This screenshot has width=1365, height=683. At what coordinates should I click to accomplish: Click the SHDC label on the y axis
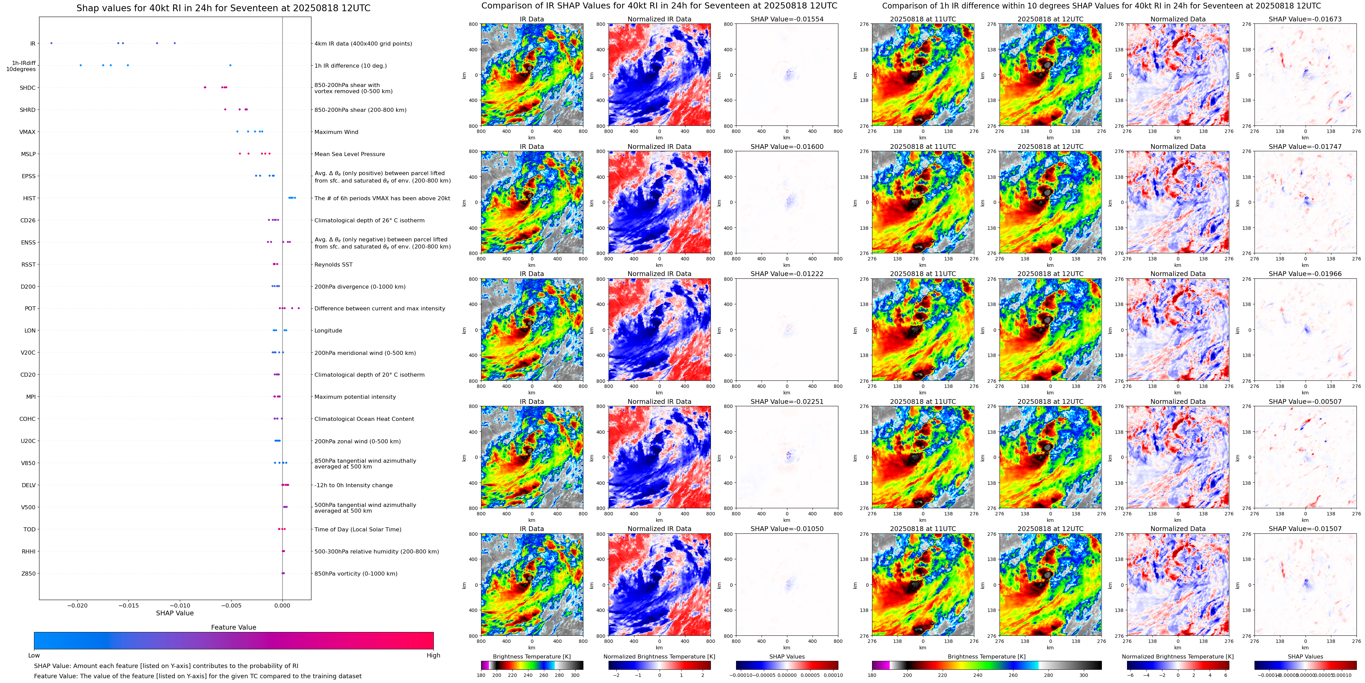[28, 88]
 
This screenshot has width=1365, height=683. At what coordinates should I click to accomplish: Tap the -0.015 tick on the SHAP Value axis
[129, 605]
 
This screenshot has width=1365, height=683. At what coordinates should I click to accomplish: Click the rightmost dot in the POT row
[299, 308]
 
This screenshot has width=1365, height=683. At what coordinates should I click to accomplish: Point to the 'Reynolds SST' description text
[333, 264]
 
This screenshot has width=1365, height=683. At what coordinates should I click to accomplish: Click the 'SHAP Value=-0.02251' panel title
[787, 402]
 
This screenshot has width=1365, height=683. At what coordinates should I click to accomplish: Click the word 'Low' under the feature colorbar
[34, 655]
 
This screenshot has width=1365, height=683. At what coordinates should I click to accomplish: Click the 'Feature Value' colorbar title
[233, 627]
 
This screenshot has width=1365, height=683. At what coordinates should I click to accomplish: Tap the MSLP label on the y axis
[28, 154]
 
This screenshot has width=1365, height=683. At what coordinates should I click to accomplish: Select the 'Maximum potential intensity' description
[355, 397]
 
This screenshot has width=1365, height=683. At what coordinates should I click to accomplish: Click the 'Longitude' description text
[328, 331]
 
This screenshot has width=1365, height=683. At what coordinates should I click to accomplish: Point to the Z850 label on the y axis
[28, 573]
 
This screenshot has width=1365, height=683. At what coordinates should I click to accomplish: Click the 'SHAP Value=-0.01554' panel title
[787, 19]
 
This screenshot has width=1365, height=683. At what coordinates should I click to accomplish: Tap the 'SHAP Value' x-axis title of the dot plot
[174, 613]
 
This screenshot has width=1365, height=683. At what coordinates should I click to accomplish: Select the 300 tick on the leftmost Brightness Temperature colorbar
[575, 676]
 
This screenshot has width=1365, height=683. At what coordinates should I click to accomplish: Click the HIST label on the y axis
[29, 198]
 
